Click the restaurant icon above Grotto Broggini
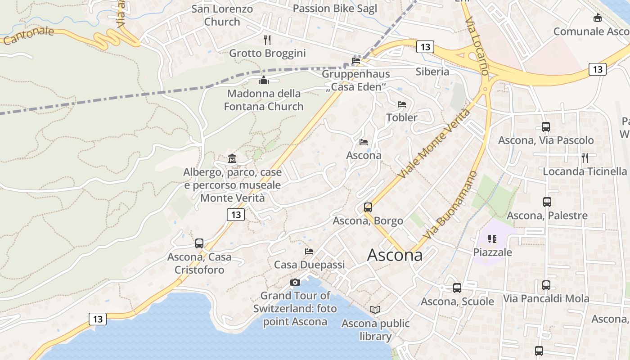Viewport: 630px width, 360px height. pyautogui.click(x=267, y=40)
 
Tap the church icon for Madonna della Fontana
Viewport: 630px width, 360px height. pyautogui.click(x=264, y=81)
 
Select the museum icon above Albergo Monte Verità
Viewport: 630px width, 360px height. pyautogui.click(x=232, y=158)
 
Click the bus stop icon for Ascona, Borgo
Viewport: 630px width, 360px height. pyautogui.click(x=368, y=207)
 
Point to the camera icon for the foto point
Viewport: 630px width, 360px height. pyautogui.click(x=295, y=282)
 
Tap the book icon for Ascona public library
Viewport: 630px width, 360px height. pyautogui.click(x=375, y=310)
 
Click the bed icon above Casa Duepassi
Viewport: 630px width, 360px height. pyautogui.click(x=309, y=252)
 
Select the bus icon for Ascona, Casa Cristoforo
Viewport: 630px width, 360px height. pyautogui.click(x=199, y=243)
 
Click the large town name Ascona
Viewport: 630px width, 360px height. pyautogui.click(x=395, y=255)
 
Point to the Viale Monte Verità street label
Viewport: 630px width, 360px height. pyautogui.click(x=435, y=143)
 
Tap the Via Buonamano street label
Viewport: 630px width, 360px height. pyautogui.click(x=450, y=205)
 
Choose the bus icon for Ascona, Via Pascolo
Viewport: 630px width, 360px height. pyautogui.click(x=546, y=127)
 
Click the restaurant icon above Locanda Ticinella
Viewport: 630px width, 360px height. pyautogui.click(x=585, y=157)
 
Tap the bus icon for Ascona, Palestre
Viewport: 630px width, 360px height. pyautogui.click(x=547, y=202)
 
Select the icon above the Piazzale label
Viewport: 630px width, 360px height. pyautogui.click(x=492, y=238)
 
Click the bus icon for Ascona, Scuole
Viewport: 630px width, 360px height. pyautogui.click(x=457, y=288)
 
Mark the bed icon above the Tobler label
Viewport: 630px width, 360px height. pyautogui.click(x=402, y=104)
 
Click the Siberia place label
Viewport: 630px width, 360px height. pyautogui.click(x=432, y=72)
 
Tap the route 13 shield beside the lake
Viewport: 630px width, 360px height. pyautogui.click(x=98, y=319)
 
